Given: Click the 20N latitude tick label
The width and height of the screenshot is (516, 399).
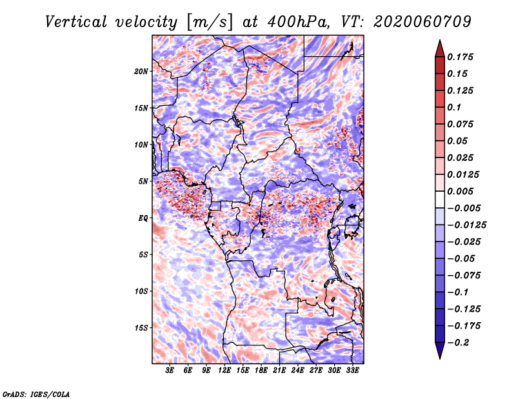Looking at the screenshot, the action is tap(141, 72).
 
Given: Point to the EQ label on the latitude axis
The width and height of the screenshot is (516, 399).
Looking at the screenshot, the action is tap(143, 218).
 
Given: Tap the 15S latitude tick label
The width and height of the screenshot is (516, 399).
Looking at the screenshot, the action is tap(141, 328).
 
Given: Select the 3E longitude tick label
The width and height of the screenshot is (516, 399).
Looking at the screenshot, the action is tap(170, 371).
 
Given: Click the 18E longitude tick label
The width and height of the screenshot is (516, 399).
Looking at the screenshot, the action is tap(261, 371).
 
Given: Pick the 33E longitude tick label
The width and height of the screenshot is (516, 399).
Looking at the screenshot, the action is tap(352, 371).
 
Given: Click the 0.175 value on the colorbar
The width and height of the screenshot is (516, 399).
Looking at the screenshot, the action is tap(460, 57).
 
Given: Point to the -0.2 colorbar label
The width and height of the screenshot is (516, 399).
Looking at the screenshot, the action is tap(458, 343).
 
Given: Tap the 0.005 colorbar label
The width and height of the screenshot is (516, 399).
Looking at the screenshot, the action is tap(460, 191).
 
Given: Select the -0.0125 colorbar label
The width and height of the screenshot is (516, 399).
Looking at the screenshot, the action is tap(466, 225).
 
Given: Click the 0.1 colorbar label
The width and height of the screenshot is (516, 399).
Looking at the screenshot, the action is tap(454, 107).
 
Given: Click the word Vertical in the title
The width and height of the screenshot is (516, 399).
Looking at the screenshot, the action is tap(76, 22).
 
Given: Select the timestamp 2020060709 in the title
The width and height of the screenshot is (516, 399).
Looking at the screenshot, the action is tap(422, 22).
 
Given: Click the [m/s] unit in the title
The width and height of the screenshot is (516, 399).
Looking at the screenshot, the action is tap(209, 23).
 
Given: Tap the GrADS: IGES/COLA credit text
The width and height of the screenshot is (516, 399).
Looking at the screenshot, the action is tap(36, 394).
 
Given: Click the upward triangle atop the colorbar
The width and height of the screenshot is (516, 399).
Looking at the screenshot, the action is tap(440, 48).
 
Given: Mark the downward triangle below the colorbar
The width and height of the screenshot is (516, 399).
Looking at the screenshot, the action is tap(440, 351).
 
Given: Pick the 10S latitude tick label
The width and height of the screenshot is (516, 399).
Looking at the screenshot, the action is tap(141, 291).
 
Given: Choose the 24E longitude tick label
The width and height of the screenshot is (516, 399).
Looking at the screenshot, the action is tap(297, 371).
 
